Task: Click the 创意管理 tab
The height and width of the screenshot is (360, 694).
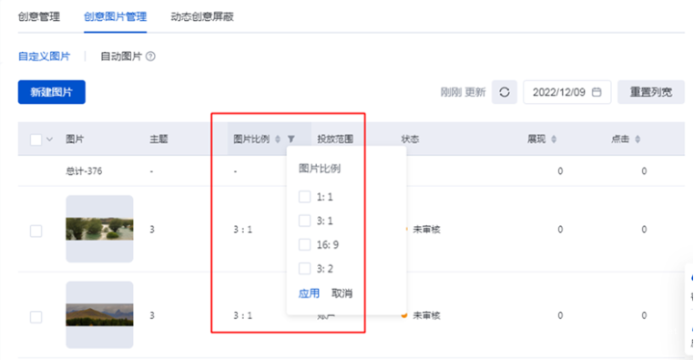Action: [x=38, y=16]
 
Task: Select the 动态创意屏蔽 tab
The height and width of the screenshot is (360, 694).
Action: [x=202, y=16]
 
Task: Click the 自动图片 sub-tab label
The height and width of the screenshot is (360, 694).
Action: [x=120, y=57]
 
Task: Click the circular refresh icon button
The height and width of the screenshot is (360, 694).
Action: [x=505, y=92]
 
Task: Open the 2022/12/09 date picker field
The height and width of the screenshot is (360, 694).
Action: [x=566, y=92]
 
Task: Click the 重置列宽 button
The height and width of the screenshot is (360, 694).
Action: [x=651, y=92]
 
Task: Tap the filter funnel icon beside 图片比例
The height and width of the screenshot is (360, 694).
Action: [x=291, y=139]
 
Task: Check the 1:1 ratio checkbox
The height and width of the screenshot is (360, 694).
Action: [x=305, y=197]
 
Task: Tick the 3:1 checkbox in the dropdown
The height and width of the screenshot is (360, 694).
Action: [x=305, y=221]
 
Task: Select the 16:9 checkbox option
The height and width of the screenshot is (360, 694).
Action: [x=305, y=245]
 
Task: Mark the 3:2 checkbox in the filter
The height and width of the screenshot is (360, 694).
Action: [x=305, y=269]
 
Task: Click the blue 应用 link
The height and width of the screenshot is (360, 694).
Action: [x=309, y=293]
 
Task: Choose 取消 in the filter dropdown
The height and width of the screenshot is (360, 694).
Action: [x=342, y=293]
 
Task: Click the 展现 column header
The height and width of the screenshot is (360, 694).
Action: [x=536, y=139]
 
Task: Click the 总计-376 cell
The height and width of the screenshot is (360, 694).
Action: [x=85, y=170]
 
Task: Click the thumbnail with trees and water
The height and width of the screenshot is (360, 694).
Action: [x=99, y=229]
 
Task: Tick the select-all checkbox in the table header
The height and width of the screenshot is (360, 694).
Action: [x=36, y=139]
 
